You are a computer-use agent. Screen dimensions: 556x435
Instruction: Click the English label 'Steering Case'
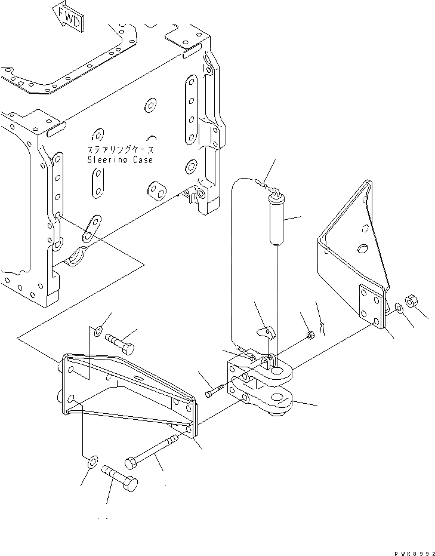click(120, 159)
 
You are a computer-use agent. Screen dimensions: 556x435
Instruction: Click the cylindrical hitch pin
click(277, 223)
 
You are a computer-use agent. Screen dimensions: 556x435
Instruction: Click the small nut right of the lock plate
click(310, 337)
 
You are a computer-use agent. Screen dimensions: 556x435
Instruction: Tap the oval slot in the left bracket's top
click(138, 378)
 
